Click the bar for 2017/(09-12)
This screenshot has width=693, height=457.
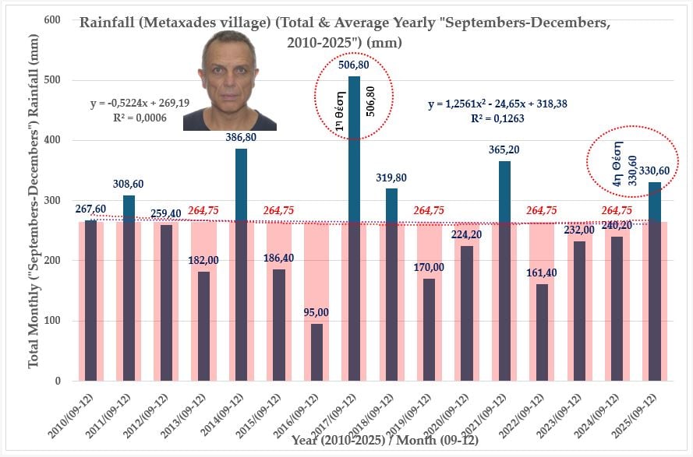click(354, 234)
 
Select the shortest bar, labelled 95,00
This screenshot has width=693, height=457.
click(316, 352)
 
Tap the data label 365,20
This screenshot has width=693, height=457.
click(504, 149)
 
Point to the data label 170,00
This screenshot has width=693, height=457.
click(429, 267)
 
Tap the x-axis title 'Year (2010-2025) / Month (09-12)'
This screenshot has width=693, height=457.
click(384, 440)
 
